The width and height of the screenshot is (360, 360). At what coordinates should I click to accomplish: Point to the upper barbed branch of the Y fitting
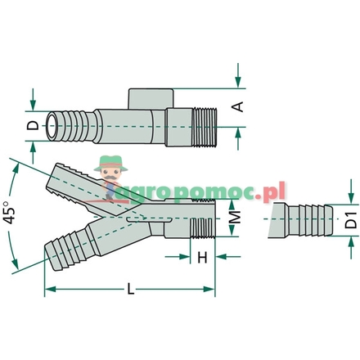(x=74, y=180)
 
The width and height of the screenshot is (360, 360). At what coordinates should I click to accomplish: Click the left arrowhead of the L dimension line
(x=47, y=290)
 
